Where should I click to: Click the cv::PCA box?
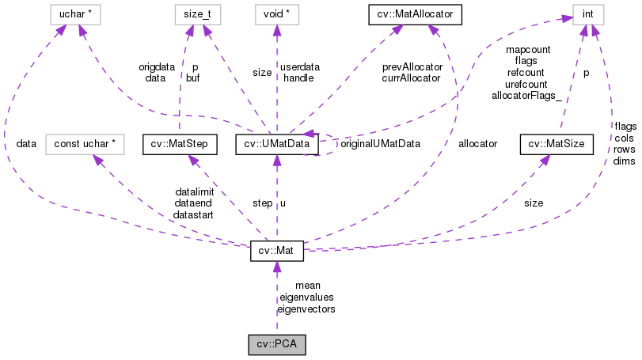[x=276, y=345]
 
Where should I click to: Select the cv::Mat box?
[x=276, y=251]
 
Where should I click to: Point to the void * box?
[x=276, y=13]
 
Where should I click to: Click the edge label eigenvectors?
[x=306, y=309]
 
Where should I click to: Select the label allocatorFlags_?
[x=526, y=95]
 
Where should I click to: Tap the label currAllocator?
[x=411, y=78]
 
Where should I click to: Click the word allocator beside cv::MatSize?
[x=477, y=144]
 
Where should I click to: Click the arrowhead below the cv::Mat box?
[x=276, y=267]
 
